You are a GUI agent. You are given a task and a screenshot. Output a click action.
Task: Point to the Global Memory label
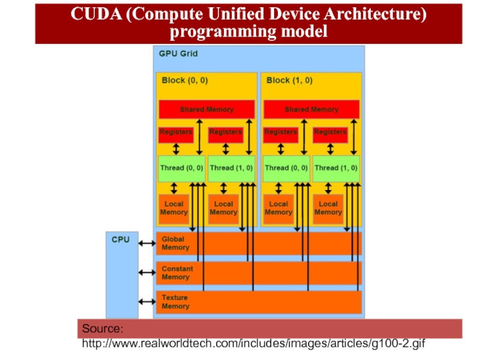point(175,243)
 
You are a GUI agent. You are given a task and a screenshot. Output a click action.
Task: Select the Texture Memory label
point(175,302)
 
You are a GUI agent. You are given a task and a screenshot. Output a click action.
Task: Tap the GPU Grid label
point(178,53)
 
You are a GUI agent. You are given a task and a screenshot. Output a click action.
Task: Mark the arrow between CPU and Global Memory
point(147,243)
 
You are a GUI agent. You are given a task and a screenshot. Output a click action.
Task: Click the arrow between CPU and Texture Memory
point(147,302)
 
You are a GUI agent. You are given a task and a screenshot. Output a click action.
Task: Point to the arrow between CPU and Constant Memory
point(147,272)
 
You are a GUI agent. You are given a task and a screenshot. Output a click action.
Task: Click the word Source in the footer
point(103,329)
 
